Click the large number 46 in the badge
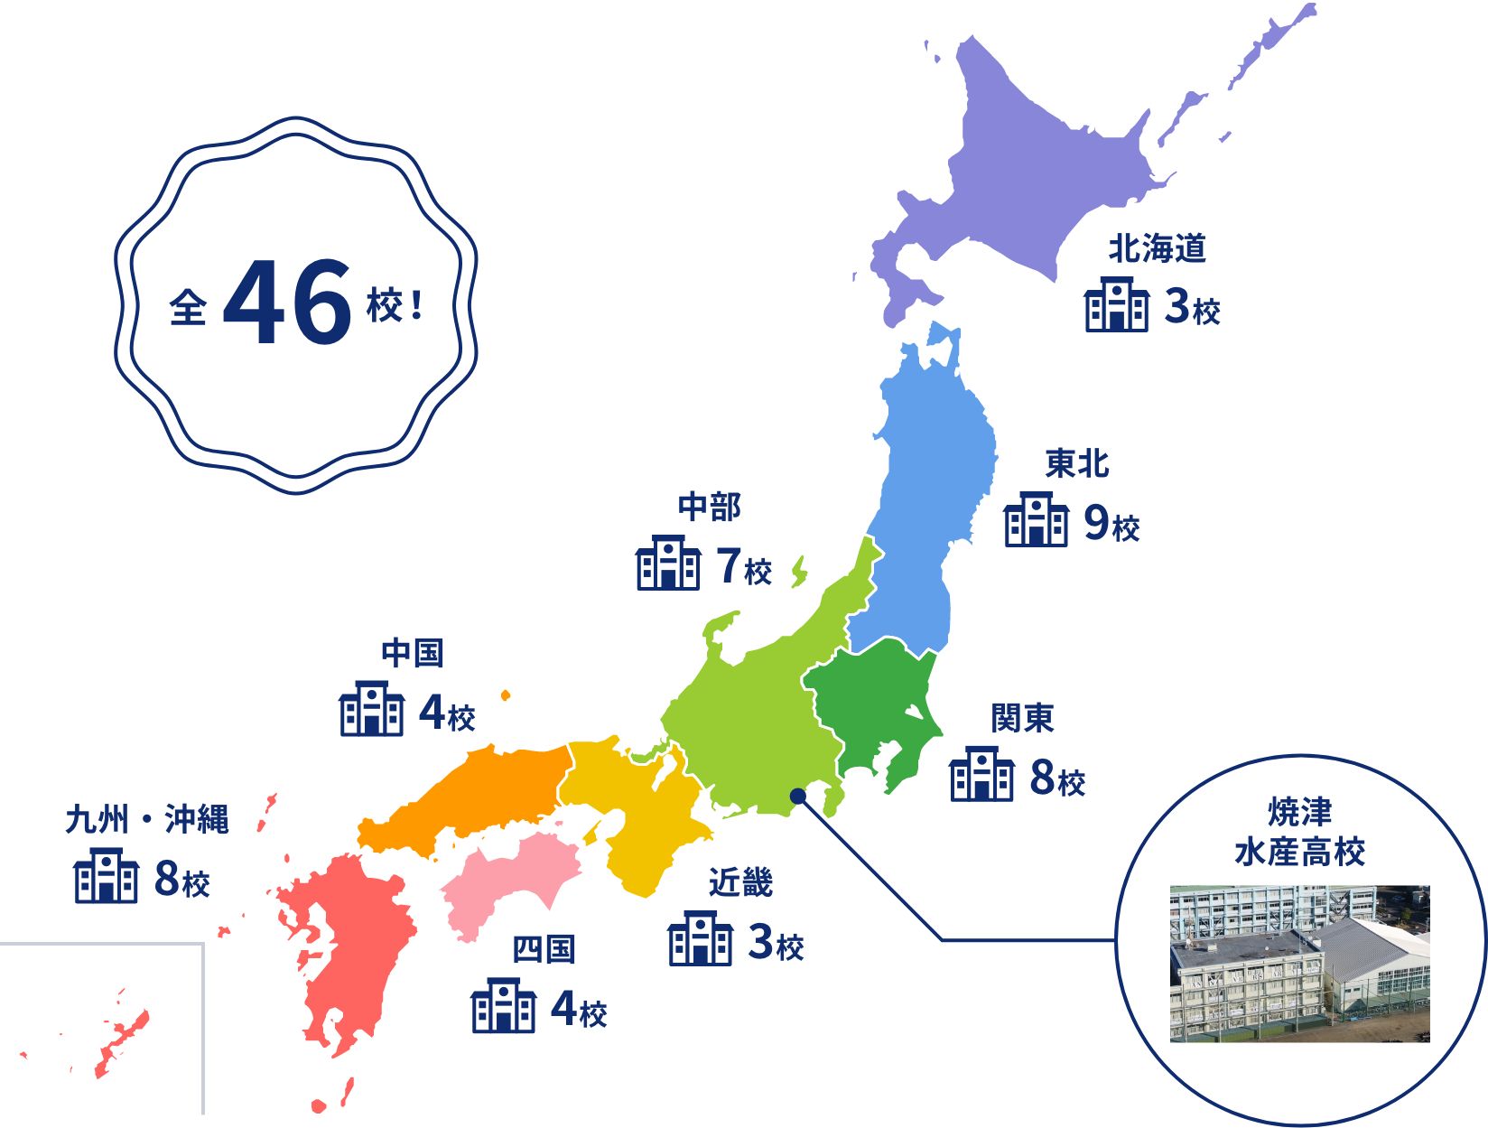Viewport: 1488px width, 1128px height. [x=287, y=303]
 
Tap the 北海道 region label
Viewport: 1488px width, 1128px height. [x=1157, y=248]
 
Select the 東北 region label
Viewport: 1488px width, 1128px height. [x=1076, y=463]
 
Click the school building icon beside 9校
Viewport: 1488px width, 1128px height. [x=1036, y=519]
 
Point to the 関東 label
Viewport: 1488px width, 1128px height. [x=1022, y=718]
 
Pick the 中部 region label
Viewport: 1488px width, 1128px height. [x=709, y=507]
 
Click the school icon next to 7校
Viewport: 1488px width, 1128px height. [x=668, y=563]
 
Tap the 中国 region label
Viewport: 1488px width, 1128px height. [x=412, y=652]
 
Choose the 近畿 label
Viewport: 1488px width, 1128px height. [x=740, y=882]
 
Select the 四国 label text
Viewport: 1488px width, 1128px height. [x=544, y=949]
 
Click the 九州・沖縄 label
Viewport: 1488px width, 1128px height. [x=147, y=819]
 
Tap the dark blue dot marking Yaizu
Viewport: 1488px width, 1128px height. [x=797, y=796]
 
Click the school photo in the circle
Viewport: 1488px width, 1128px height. [x=1299, y=964]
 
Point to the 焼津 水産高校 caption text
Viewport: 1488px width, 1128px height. [x=1299, y=832]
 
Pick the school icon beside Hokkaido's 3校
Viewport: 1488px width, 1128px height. [x=1117, y=304]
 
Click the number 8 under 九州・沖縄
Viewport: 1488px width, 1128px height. [x=168, y=877]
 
